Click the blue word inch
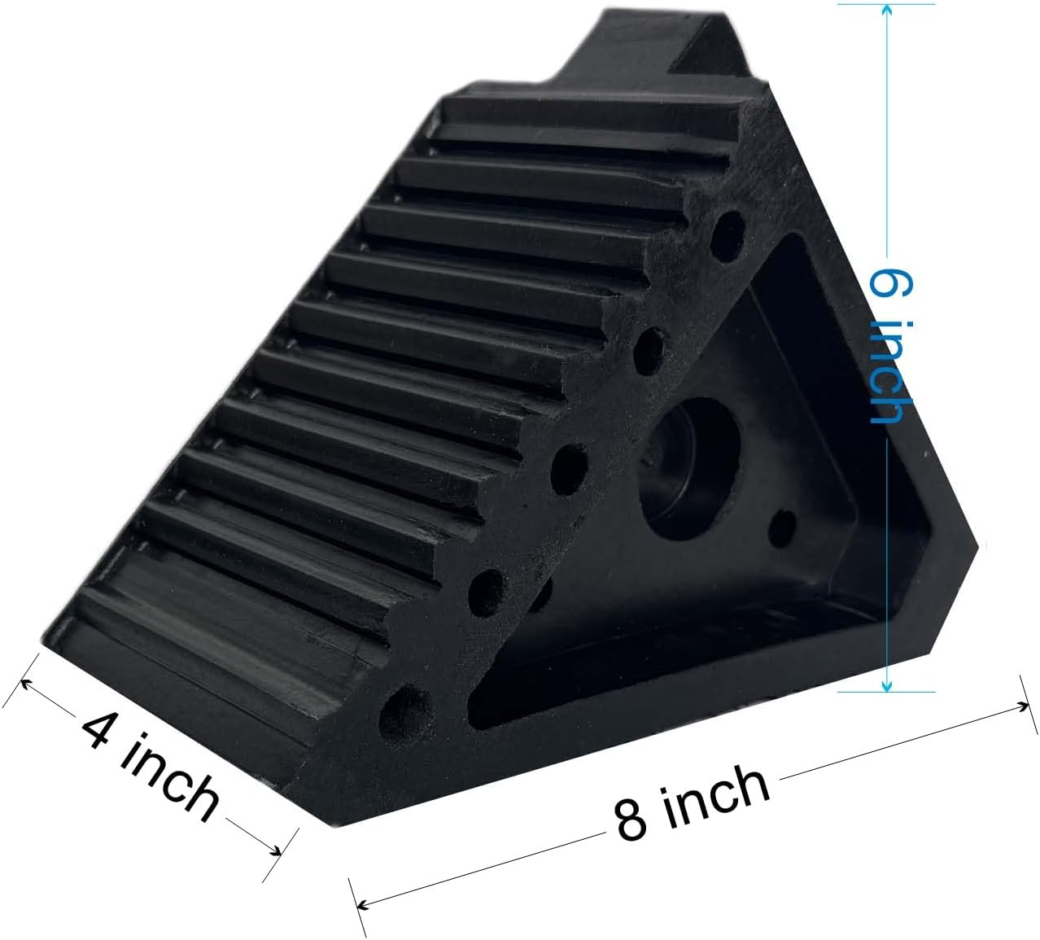tap(887, 371)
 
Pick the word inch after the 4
tap(172, 776)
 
